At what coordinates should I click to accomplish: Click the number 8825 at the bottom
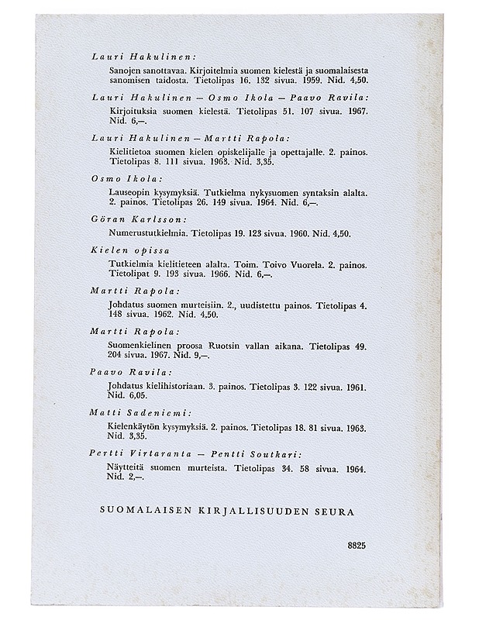click(x=357, y=546)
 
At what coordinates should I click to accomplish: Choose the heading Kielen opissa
click(x=129, y=252)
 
